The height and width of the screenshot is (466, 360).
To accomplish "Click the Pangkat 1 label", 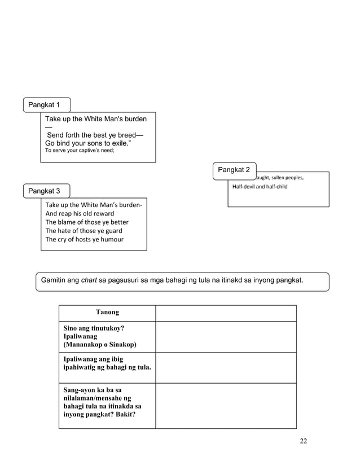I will [45, 105].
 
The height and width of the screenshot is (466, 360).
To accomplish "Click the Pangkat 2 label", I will [234, 170].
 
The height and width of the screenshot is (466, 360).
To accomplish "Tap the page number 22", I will [303, 441].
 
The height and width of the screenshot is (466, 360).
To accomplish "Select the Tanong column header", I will [107, 313].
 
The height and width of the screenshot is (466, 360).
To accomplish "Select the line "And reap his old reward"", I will [80, 214].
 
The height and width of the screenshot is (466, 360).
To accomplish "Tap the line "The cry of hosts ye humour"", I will [84, 239].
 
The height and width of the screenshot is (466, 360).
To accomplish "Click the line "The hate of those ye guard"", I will [84, 231].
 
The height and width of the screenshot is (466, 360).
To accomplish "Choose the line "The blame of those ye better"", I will [87, 222].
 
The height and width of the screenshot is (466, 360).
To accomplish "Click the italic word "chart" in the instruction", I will [89, 280].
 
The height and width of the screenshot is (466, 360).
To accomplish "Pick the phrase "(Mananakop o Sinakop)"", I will [100, 345].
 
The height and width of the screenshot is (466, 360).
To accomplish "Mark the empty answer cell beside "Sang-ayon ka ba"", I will [226, 405].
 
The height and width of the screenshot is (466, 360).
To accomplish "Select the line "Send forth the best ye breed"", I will [95, 135].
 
